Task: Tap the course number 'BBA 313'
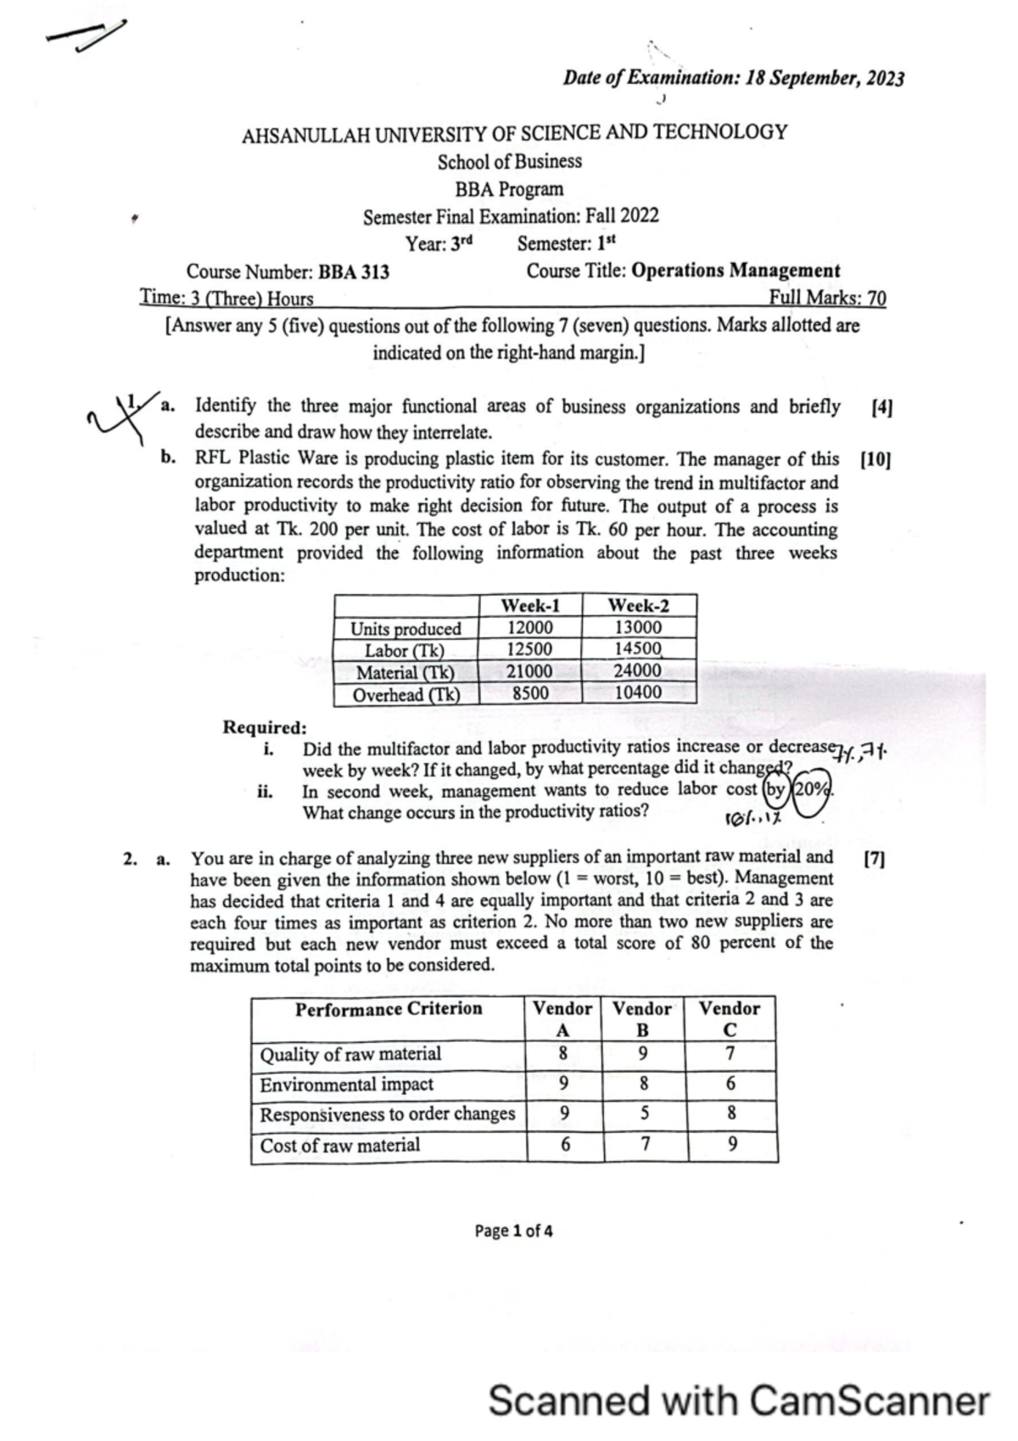[x=354, y=272]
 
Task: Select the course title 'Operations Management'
[x=736, y=271]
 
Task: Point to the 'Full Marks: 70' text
[x=827, y=298]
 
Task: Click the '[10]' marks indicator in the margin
[x=875, y=460]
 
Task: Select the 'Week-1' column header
[x=530, y=605]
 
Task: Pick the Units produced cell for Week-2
[x=638, y=627]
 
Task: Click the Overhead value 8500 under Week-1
[x=530, y=692]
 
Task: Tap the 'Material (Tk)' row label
[x=405, y=672]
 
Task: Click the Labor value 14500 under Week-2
[x=638, y=648]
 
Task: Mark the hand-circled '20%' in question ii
[x=812, y=788]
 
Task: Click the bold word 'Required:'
[x=265, y=727]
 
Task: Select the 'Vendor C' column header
[x=730, y=1018]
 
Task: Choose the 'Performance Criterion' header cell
[x=389, y=1009]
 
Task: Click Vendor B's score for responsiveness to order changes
[x=645, y=1113]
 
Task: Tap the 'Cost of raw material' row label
[x=339, y=1145]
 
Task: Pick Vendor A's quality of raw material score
[x=562, y=1053]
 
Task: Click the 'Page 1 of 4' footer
[x=513, y=1231]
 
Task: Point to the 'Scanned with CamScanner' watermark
[x=739, y=1401]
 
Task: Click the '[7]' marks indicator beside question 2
[x=873, y=859]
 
